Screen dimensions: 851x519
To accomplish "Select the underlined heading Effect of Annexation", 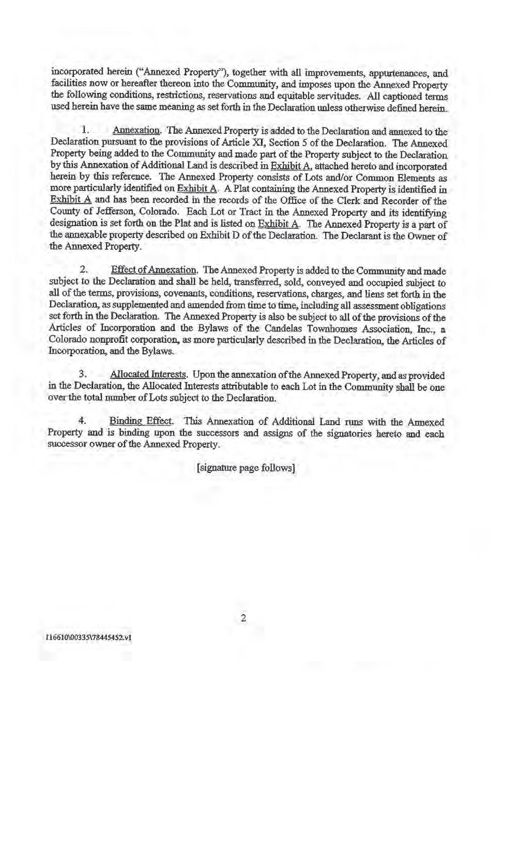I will click(154, 270).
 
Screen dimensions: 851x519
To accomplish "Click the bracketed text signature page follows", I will click(246, 468).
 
